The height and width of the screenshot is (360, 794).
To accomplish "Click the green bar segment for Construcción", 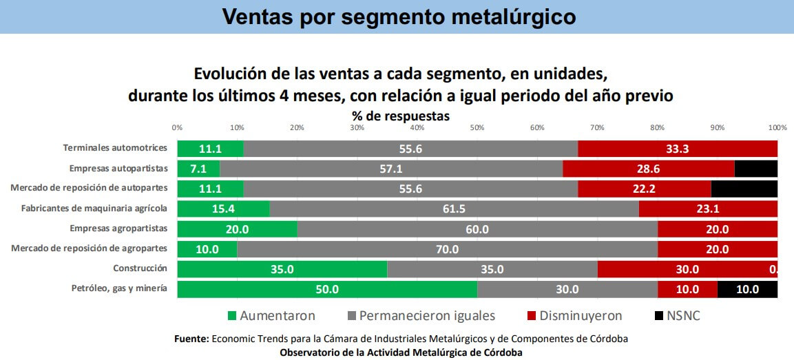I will pyautogui.click(x=282, y=269).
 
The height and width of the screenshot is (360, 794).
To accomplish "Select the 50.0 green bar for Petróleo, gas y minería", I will pyautogui.click(x=326, y=289).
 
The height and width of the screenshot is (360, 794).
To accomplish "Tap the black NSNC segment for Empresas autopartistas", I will pyautogui.click(x=755, y=169).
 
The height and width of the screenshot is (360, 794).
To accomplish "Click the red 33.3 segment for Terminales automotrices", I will pyautogui.click(x=677, y=149).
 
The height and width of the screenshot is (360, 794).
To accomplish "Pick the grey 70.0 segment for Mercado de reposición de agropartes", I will pyautogui.click(x=447, y=249).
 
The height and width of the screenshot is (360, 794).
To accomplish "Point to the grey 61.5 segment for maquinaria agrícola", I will pyautogui.click(x=454, y=209).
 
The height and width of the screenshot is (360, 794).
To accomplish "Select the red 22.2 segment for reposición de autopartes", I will pyautogui.click(x=644, y=189).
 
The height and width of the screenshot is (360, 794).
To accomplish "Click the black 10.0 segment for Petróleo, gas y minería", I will pyautogui.click(x=747, y=289).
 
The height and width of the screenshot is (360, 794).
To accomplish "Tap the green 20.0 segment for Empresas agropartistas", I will pyautogui.click(x=237, y=229).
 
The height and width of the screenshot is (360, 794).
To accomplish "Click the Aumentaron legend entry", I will pyautogui.click(x=271, y=316).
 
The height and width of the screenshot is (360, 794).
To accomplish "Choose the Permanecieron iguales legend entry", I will pyautogui.click(x=421, y=316).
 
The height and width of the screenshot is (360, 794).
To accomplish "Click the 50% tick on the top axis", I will pyautogui.click(x=477, y=127).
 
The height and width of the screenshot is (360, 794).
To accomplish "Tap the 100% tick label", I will pyautogui.click(x=777, y=127).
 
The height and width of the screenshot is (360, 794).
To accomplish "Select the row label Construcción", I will pyautogui.click(x=140, y=268).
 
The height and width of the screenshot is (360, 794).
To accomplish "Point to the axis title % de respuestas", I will pyautogui.click(x=401, y=116).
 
